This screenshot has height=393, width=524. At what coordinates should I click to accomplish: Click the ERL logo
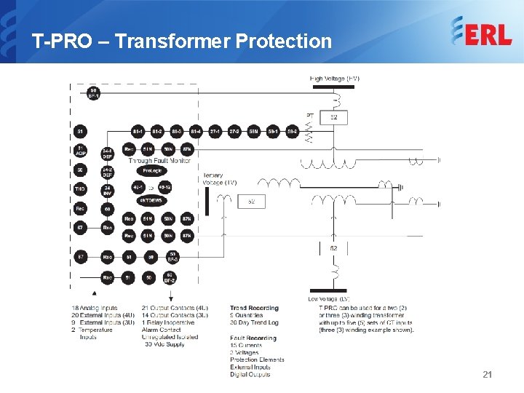481,31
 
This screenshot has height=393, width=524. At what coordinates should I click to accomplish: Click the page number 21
488,374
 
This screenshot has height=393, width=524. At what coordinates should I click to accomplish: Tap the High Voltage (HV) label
335,79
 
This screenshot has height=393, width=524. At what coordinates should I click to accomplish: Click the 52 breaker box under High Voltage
333,117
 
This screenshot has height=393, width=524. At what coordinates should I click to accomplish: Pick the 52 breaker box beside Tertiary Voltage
251,201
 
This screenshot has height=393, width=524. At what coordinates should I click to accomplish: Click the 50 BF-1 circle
93,94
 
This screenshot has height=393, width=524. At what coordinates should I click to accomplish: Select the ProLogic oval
151,170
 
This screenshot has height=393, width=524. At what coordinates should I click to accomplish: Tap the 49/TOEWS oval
151,201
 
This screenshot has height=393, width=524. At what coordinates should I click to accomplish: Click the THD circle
80,188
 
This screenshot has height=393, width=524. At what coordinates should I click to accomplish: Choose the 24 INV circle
107,189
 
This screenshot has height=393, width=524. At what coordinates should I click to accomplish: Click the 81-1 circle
137,132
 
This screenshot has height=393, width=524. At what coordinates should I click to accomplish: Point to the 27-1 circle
215,132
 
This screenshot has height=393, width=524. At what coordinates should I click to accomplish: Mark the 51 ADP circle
80,151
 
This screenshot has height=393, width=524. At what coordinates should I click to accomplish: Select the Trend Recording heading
254,309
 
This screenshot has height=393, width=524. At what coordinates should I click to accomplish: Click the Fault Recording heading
253,338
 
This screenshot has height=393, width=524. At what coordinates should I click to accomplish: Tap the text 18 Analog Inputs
95,309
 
